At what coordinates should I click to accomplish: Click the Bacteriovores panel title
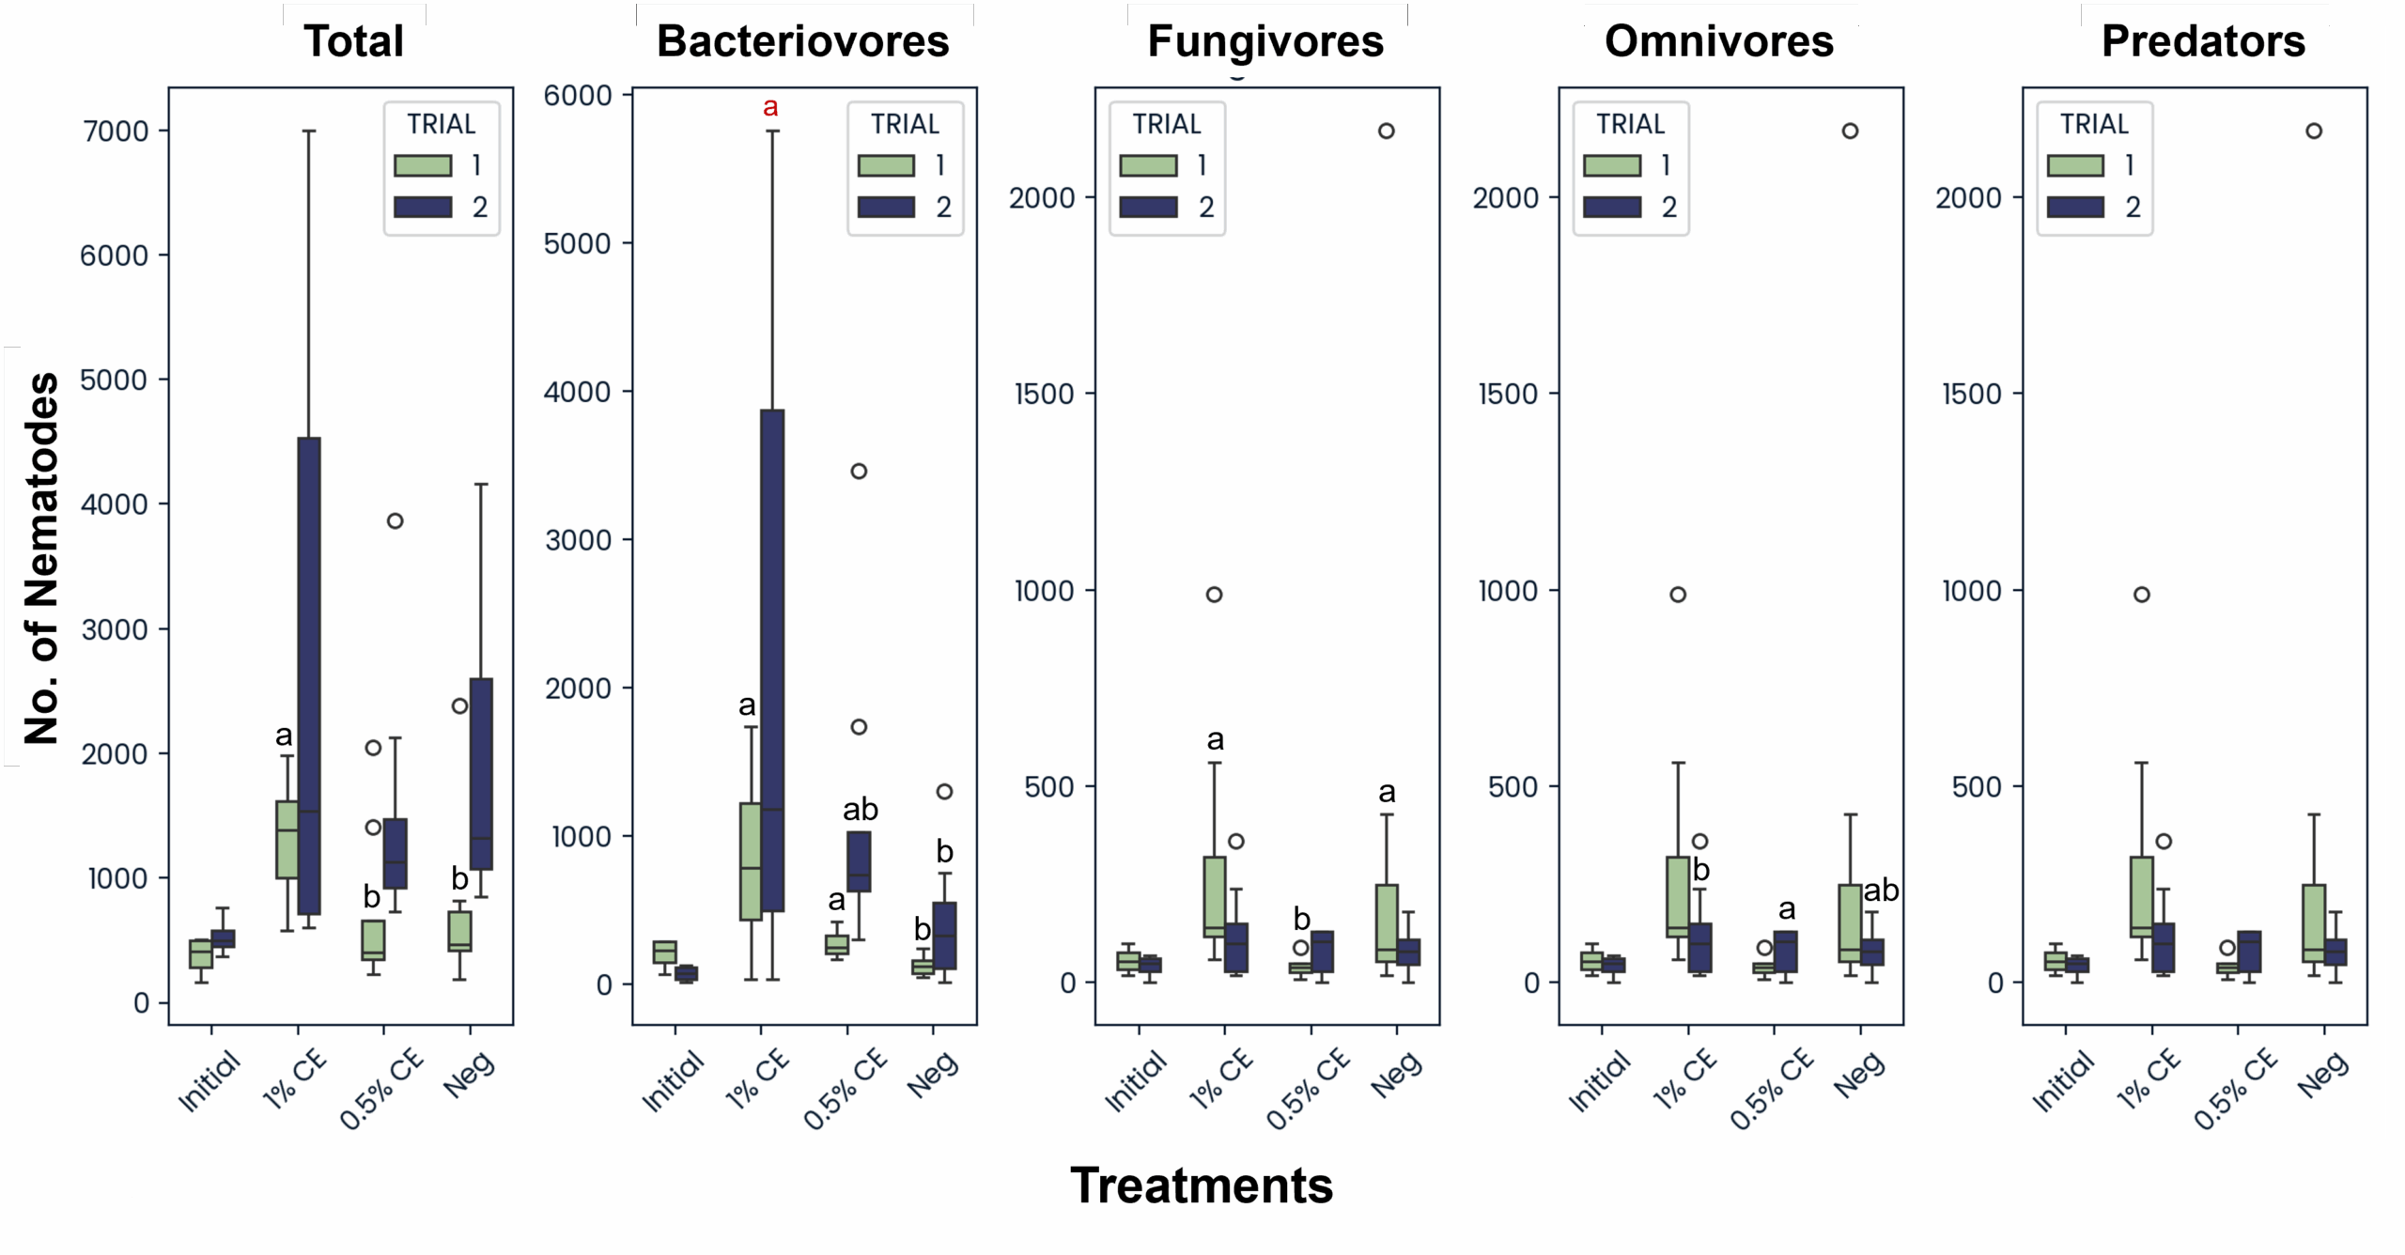(802, 41)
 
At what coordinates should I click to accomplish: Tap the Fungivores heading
(1265, 41)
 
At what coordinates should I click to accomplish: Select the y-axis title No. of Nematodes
(41, 558)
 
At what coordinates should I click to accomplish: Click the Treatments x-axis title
(1202, 1185)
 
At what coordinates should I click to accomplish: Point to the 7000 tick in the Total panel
(116, 132)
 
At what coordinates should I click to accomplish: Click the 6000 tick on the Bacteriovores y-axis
(578, 95)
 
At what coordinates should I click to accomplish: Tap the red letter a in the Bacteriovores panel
(770, 107)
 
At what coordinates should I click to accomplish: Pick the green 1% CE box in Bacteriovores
(751, 860)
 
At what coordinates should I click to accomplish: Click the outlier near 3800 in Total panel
(396, 520)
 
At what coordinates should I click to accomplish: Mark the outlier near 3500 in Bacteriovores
(859, 471)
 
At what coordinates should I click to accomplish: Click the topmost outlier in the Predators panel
(2314, 131)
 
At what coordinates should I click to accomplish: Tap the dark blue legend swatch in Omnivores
(1612, 207)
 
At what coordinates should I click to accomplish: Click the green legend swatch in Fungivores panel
(1148, 166)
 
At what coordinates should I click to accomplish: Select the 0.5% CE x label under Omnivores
(1772, 1090)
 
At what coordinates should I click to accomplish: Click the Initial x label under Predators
(2063, 1081)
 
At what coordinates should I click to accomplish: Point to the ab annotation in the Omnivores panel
(1881, 890)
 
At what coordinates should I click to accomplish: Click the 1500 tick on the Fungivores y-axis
(1044, 394)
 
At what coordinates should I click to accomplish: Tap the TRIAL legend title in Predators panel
(2095, 124)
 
